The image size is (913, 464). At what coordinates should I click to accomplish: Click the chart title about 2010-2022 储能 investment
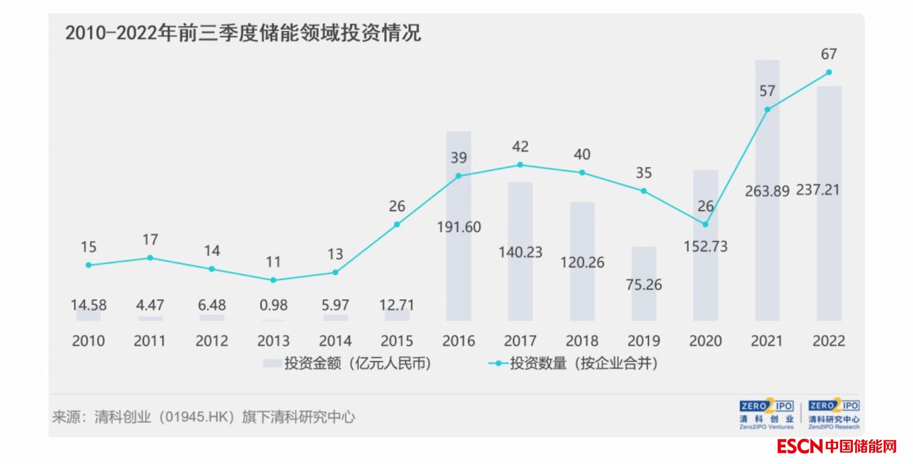coord(243,33)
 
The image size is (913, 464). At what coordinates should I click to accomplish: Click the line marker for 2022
coord(829,73)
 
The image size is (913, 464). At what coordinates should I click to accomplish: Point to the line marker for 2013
coord(273,280)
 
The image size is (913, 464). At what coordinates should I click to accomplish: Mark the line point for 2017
coord(520,165)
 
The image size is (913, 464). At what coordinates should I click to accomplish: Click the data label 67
coord(829,54)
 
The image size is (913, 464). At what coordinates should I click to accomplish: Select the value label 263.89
coord(767,191)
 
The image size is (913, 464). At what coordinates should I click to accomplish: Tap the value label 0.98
coord(273,306)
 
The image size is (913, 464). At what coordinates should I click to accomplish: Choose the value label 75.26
coord(643,284)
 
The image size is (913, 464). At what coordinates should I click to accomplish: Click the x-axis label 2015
coord(397,341)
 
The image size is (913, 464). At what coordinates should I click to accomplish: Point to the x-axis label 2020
coord(705,341)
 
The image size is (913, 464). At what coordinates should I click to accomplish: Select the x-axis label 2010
coord(88,341)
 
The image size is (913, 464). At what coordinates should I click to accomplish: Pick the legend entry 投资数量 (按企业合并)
coord(575,363)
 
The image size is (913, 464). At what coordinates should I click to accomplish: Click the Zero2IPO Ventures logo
coord(766,414)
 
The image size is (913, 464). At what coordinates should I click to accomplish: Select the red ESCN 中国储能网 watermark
coord(837,446)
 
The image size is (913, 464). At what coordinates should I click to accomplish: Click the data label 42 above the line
coord(520,147)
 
